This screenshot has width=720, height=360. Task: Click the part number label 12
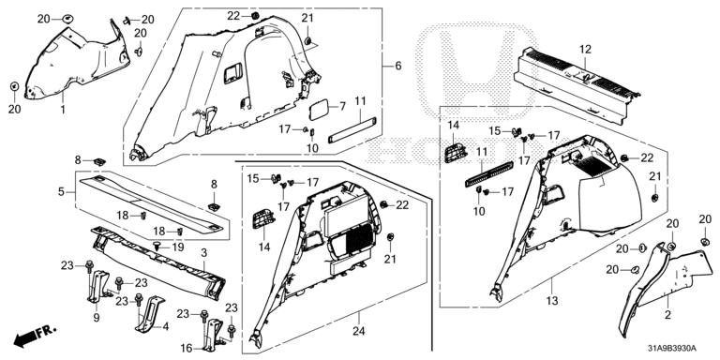click(585, 49)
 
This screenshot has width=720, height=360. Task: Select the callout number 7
click(342, 107)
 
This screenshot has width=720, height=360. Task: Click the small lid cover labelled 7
click(319, 110)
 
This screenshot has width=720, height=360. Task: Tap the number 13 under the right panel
click(552, 301)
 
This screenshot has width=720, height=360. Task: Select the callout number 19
click(177, 247)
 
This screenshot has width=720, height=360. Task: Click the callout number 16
click(186, 349)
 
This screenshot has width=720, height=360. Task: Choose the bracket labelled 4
click(150, 313)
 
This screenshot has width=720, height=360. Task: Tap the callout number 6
click(397, 66)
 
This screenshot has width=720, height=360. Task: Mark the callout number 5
click(61, 191)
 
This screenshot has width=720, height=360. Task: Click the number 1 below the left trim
click(63, 110)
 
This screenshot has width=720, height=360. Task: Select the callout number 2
click(667, 315)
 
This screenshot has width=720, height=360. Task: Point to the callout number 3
click(203, 252)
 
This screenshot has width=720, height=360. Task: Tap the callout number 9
click(96, 316)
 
